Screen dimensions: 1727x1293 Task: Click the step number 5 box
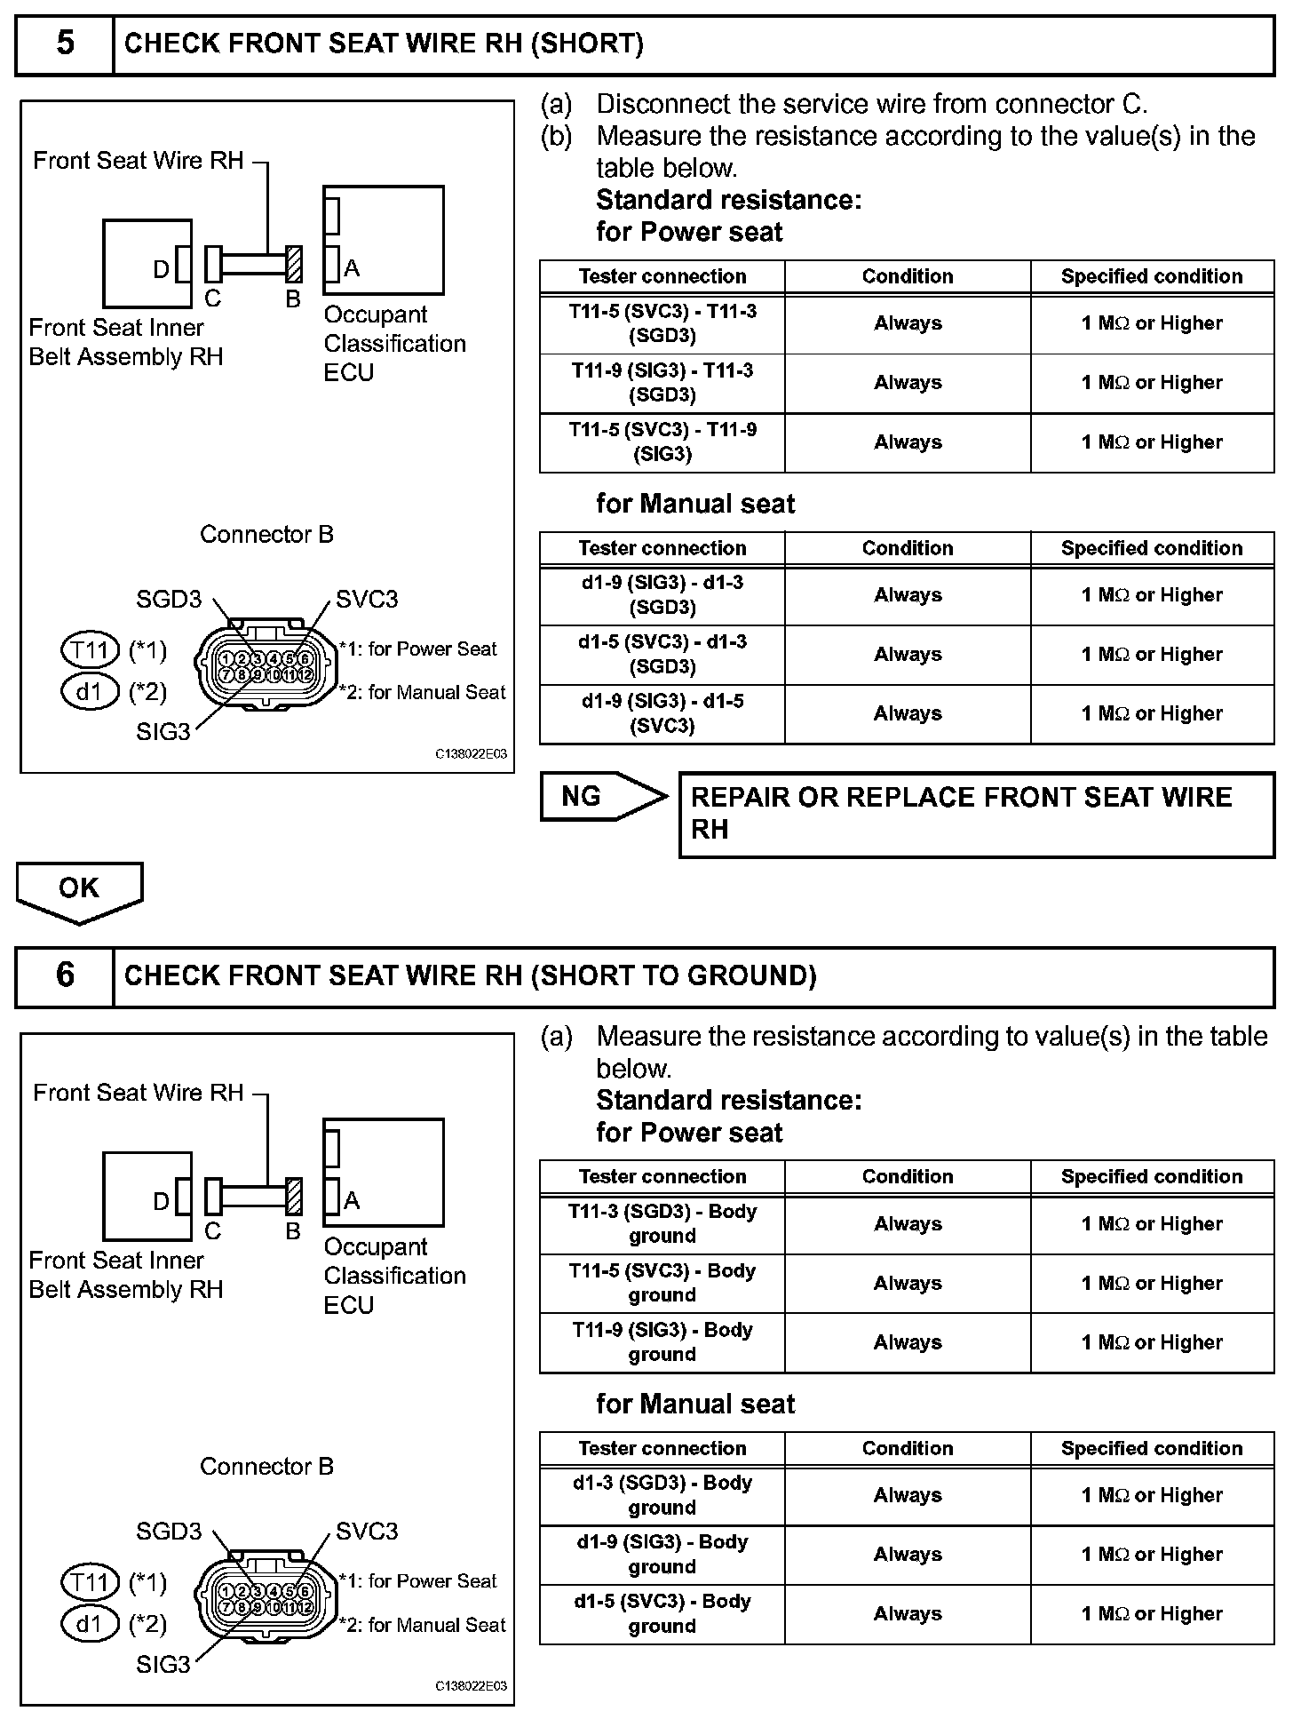[x=65, y=44]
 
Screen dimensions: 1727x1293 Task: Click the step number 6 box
[x=65, y=975]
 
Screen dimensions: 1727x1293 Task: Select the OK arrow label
[x=79, y=888]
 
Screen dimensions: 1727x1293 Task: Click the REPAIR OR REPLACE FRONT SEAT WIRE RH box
[x=976, y=814]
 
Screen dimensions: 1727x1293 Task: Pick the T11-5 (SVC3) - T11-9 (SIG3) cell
[x=662, y=442]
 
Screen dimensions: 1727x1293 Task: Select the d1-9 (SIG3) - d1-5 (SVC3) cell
[x=662, y=714]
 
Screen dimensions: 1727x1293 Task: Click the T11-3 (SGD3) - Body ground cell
[x=662, y=1224]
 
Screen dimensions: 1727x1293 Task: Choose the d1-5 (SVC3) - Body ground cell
[x=662, y=1614]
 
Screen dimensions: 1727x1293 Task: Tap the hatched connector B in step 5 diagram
[x=294, y=265]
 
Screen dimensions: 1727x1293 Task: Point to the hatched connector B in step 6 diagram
[x=294, y=1197]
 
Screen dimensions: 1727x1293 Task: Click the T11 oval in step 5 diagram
[x=90, y=650]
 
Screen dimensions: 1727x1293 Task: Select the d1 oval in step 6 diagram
[x=90, y=1624]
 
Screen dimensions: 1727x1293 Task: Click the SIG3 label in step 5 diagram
[x=163, y=732]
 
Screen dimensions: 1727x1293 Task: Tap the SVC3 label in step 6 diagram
[x=367, y=1532]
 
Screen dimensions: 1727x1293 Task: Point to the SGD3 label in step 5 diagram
[x=169, y=600]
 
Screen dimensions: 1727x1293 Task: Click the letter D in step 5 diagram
[x=161, y=269]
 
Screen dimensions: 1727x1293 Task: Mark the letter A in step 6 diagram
[x=352, y=1201]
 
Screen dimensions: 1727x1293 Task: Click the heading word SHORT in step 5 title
[x=587, y=44]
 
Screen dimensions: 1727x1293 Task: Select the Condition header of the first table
[x=908, y=276]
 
